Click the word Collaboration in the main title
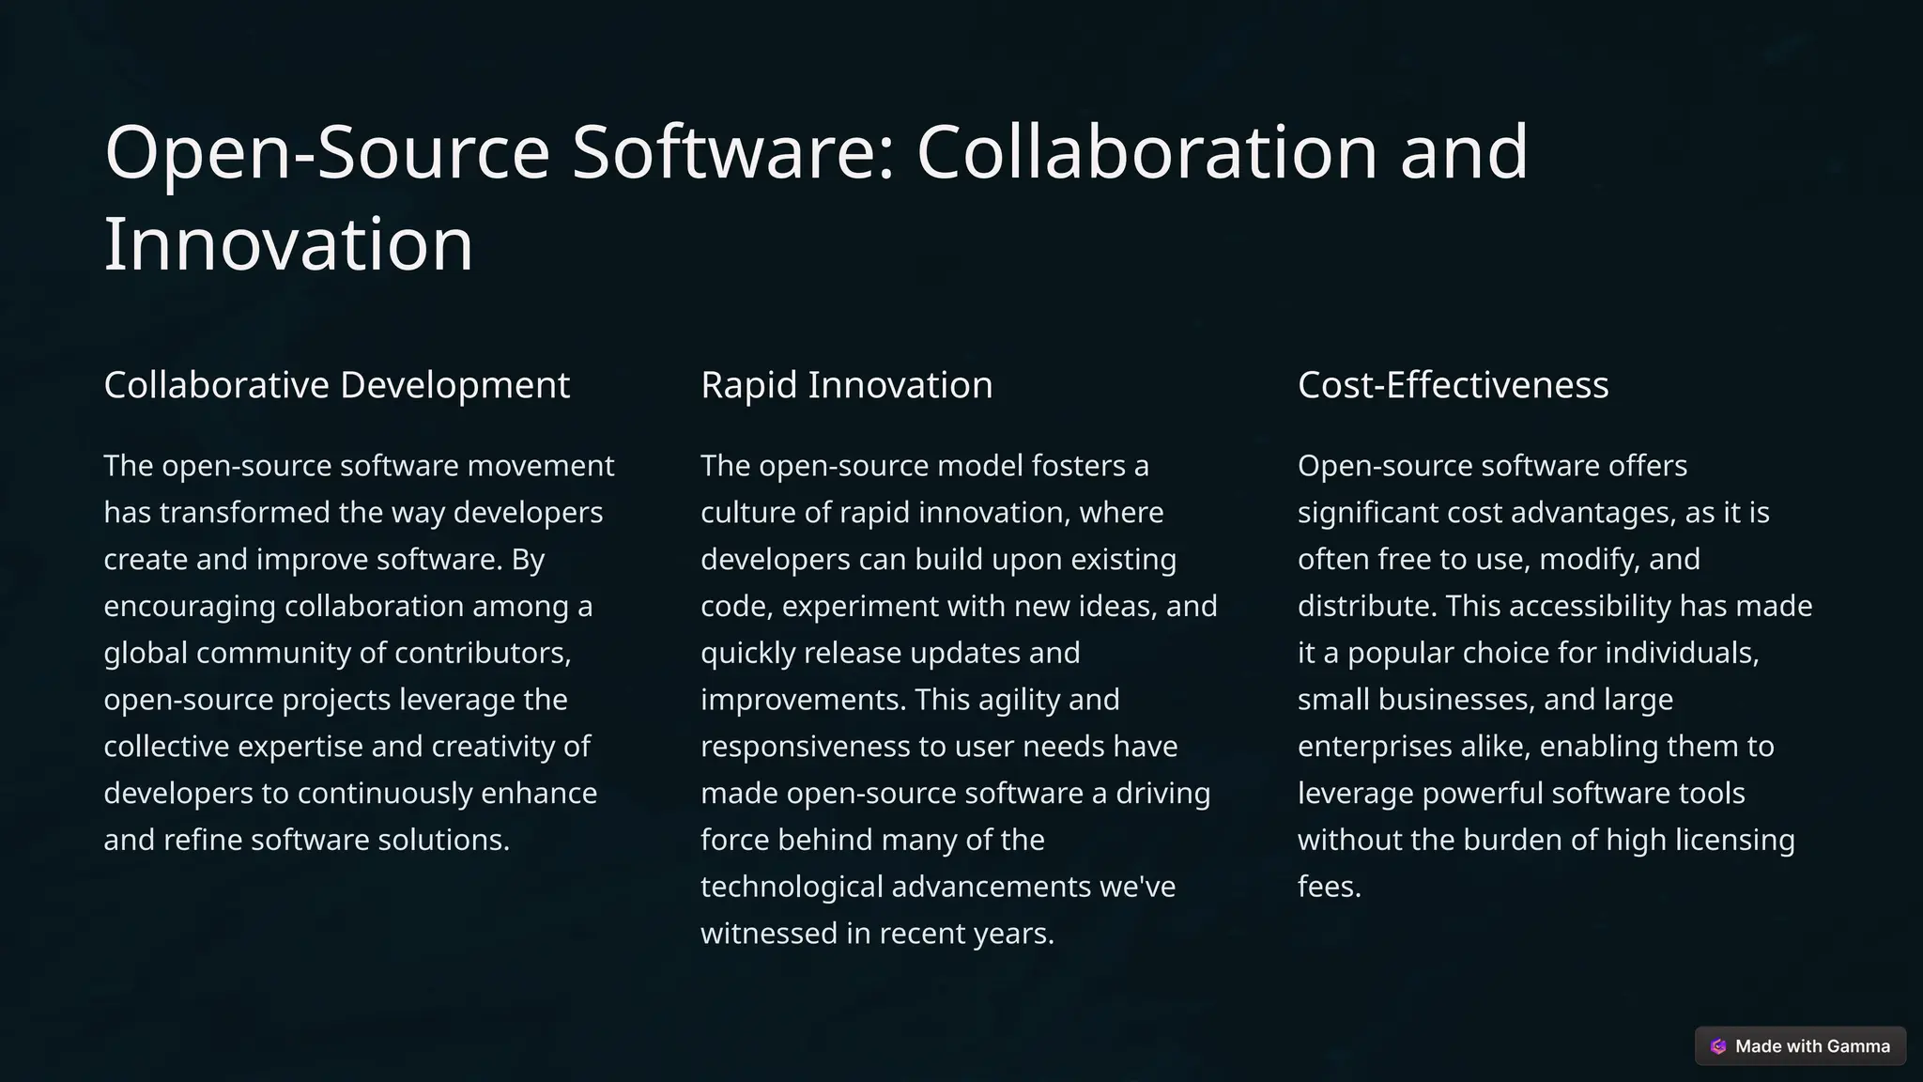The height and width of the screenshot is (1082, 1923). click(1146, 152)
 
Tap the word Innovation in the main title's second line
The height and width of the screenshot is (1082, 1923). click(288, 244)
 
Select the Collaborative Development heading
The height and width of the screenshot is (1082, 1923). click(336, 385)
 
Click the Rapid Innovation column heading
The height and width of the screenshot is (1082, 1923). click(846, 385)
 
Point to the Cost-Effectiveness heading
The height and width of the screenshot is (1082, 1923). click(1453, 385)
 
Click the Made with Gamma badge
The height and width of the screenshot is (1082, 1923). click(1800, 1046)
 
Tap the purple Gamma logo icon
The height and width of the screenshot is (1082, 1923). click(1718, 1046)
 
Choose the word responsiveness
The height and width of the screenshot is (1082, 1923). click(805, 747)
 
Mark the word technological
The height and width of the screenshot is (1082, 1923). click(792, 888)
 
